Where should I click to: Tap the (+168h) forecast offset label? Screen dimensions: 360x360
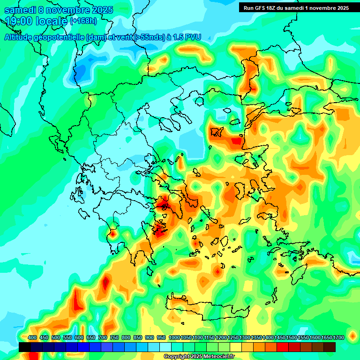pyautogui.click(x=83, y=21)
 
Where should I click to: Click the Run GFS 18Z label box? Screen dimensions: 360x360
pyautogui.click(x=296, y=8)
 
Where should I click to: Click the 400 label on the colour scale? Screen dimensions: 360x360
pyautogui.click(x=32, y=337)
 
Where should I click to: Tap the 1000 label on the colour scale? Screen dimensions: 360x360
pyautogui.click(x=174, y=337)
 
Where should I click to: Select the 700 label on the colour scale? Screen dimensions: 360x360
pyautogui.click(x=103, y=337)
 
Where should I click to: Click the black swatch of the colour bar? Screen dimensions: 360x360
pyautogui.click(x=25, y=347)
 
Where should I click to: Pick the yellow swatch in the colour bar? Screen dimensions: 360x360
pyautogui.click(x=236, y=347)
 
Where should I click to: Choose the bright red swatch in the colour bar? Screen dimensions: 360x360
pyautogui.click(x=283, y=347)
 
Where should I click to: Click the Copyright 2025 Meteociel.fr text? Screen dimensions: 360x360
pyautogui.click(x=199, y=357)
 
